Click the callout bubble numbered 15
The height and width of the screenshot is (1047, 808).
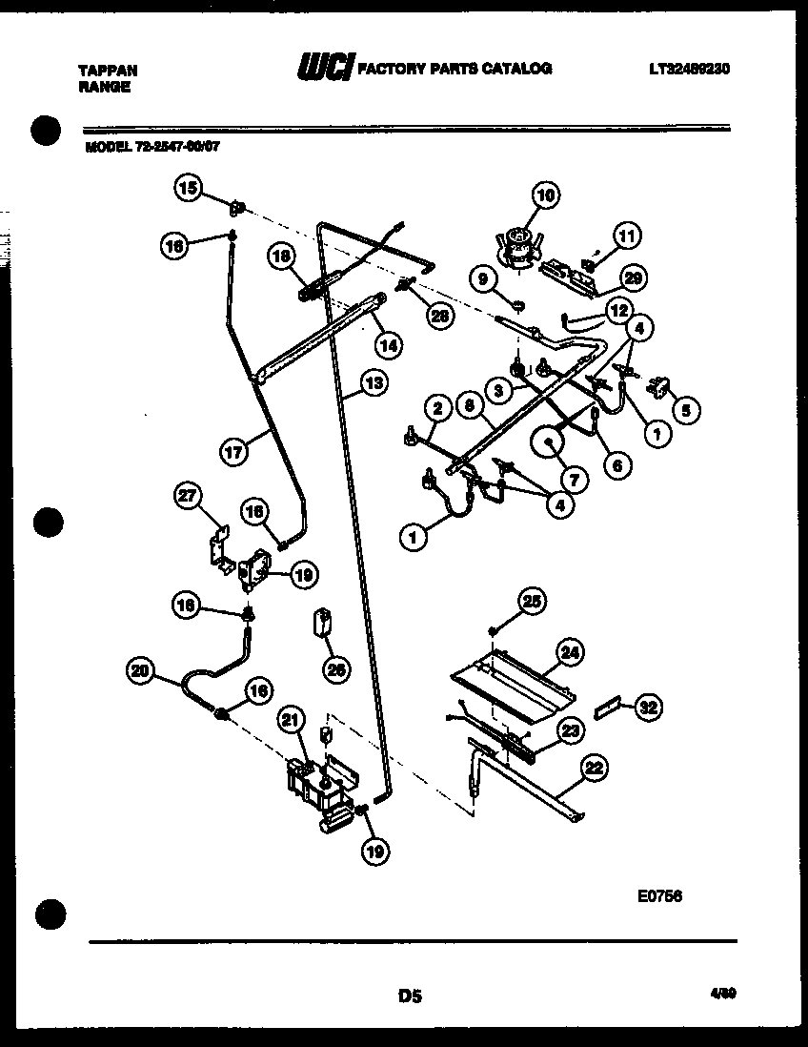(x=188, y=188)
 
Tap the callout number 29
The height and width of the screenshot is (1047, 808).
(x=630, y=277)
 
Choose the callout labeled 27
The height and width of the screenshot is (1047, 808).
(x=189, y=496)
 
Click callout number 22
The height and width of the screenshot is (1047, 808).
(x=595, y=767)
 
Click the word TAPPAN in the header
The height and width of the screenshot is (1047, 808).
(x=107, y=71)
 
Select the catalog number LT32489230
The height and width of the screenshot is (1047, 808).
(x=690, y=69)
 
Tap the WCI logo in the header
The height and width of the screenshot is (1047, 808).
(x=326, y=68)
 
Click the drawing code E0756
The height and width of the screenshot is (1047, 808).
(x=659, y=896)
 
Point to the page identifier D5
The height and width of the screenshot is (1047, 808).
(x=410, y=996)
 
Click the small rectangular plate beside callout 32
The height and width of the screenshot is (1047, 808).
(x=606, y=710)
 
